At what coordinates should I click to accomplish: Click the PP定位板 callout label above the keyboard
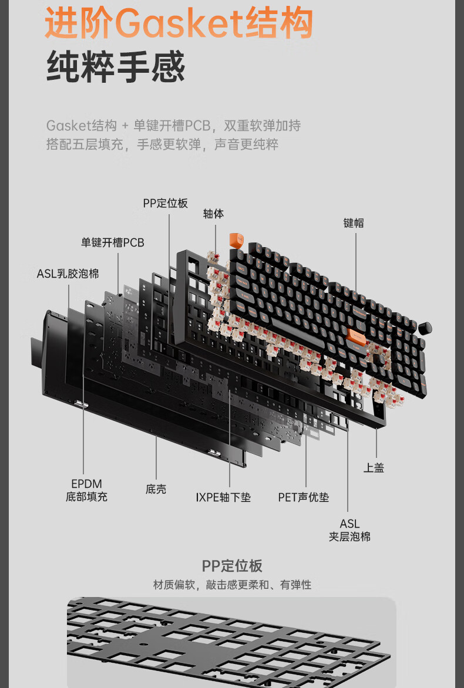[x=165, y=203]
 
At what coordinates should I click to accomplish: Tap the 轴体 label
[x=213, y=214]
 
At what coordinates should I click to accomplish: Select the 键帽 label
[x=354, y=222]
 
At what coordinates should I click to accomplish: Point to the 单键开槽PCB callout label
[x=112, y=242]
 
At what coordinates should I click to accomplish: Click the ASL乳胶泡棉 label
[x=68, y=273]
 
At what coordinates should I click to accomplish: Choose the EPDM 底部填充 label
[x=86, y=490]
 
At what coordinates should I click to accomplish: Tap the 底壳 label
[x=156, y=489]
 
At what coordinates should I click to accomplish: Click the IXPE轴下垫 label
[x=223, y=497]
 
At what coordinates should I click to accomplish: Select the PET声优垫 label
[x=303, y=497]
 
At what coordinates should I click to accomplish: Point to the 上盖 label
[x=374, y=468]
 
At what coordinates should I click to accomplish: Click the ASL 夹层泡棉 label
[x=349, y=530]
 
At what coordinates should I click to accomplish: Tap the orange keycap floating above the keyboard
[x=236, y=241]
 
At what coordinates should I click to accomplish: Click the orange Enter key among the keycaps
[x=357, y=336]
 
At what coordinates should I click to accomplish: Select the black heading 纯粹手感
[x=116, y=67]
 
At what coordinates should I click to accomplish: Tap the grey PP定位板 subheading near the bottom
[x=232, y=566]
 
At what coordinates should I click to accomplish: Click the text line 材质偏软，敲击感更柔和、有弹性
[x=232, y=585]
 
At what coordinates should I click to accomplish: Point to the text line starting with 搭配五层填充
[x=162, y=144]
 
